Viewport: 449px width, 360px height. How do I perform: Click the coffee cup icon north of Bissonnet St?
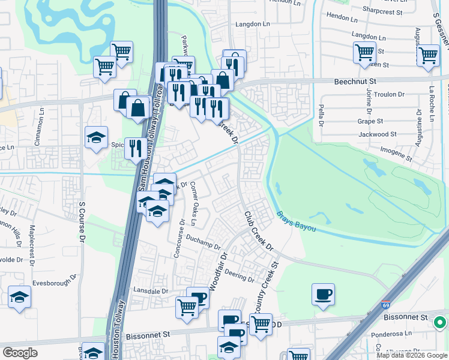tap(323, 294)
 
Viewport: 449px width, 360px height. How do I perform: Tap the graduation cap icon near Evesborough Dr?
tap(20, 296)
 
